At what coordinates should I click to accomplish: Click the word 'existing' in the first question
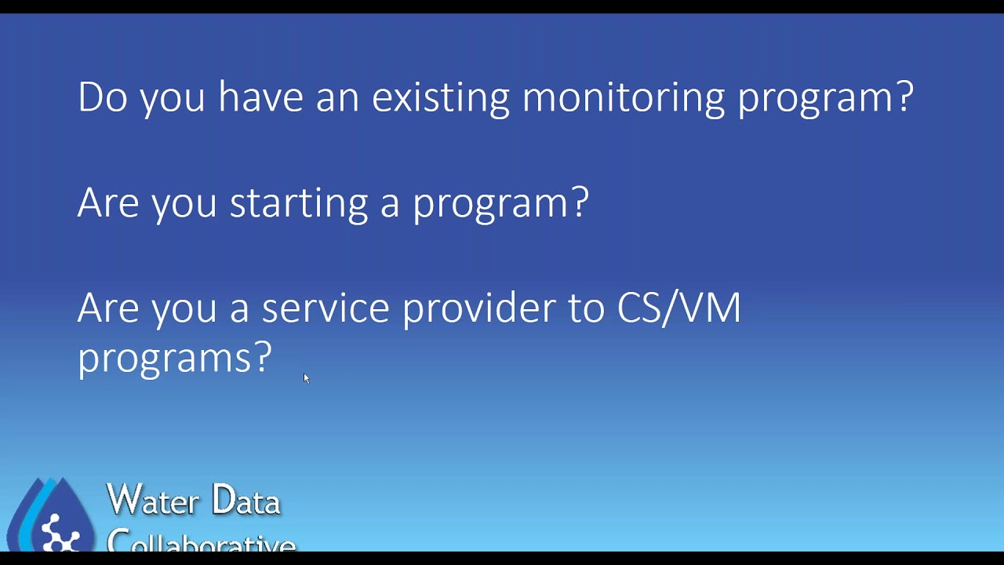440,98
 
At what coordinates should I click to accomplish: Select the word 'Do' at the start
102,98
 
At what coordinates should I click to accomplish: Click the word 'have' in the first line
260,98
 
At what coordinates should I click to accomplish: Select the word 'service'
325,308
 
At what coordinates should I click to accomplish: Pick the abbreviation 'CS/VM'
678,308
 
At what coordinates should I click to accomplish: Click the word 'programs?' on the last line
174,359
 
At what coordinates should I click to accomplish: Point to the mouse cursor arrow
306,378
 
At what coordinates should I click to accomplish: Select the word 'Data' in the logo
246,501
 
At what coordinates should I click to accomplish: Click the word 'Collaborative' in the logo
201,541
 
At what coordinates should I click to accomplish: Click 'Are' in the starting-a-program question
107,202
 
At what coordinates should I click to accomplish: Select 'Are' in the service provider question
107,308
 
